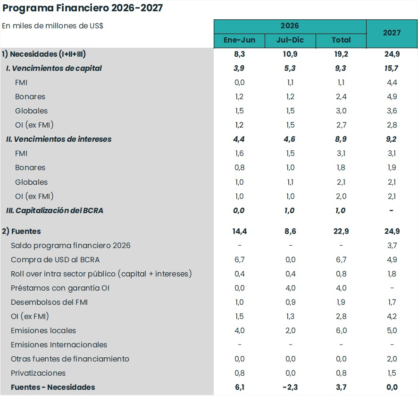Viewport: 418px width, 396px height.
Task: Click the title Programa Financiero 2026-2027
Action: coord(83,8)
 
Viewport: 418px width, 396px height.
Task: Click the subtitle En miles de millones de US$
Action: coord(52,26)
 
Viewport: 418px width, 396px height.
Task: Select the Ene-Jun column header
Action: coord(239,40)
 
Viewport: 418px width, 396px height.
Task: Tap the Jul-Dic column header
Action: coord(290,40)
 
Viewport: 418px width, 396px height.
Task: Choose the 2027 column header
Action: coord(392,33)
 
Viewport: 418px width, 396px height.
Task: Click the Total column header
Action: coord(341,40)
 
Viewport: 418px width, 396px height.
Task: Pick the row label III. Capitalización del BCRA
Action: coord(55,211)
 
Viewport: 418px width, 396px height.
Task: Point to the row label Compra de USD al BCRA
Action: coord(55,260)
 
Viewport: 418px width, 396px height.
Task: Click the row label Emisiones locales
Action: coord(43,331)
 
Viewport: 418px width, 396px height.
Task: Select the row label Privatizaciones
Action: coord(38,373)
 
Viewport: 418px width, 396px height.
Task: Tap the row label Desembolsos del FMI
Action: coord(50,302)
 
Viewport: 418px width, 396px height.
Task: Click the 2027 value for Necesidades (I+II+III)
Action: coord(392,54)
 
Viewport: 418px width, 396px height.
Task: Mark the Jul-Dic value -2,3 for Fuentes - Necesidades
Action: coord(290,387)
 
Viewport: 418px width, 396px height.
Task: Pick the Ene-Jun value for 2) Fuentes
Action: coord(239,231)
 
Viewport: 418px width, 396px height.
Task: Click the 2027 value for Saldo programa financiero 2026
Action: coord(392,245)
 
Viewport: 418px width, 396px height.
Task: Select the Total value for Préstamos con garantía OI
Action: coord(341,288)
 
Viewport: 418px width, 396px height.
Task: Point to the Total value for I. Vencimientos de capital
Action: coord(341,69)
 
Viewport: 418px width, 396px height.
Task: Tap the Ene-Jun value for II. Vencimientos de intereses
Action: coord(239,139)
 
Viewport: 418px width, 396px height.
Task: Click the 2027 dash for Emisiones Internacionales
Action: coord(392,345)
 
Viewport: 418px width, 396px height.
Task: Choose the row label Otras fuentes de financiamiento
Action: coord(70,359)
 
